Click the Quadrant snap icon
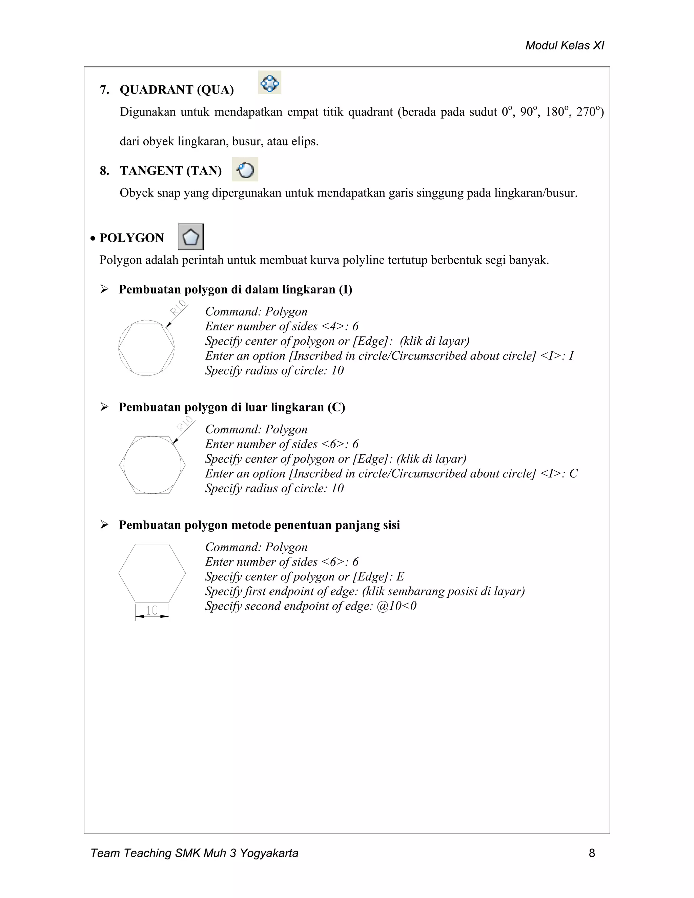pyautogui.click(x=270, y=83)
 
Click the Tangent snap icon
pyautogui.click(x=245, y=169)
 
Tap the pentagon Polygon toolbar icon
pyautogui.click(x=191, y=237)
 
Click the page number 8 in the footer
pyautogui.click(x=592, y=853)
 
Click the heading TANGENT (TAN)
pyautogui.click(x=171, y=171)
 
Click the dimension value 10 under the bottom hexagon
pyautogui.click(x=152, y=610)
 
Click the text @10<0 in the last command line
pyautogui.click(x=396, y=606)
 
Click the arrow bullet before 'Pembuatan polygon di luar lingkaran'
pyautogui.click(x=104, y=407)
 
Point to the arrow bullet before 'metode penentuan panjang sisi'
pyautogui.click(x=104, y=525)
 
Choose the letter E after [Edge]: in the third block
pyautogui.click(x=400, y=576)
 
